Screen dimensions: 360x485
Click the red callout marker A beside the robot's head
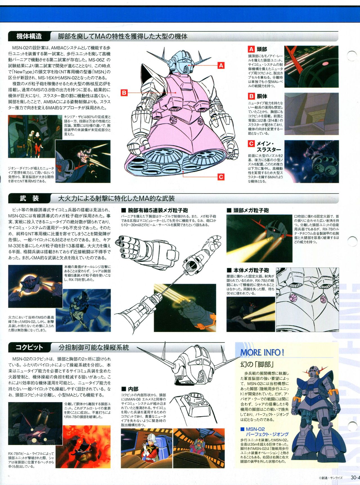click(221, 66)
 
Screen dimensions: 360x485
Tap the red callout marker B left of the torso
click(124, 93)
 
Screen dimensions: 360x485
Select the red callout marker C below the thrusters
click(221, 177)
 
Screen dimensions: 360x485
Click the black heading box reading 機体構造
click(29, 36)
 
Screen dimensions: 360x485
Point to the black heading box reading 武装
click(29, 198)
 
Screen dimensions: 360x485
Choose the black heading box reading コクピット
click(29, 347)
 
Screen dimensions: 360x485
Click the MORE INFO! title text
click(262, 352)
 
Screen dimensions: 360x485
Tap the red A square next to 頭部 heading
click(251, 49)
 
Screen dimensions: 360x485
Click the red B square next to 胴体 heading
click(251, 96)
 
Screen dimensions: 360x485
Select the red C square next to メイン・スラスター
click(251, 144)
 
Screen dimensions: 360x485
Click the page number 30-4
click(355, 477)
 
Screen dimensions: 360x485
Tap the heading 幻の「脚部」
click(257, 364)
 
